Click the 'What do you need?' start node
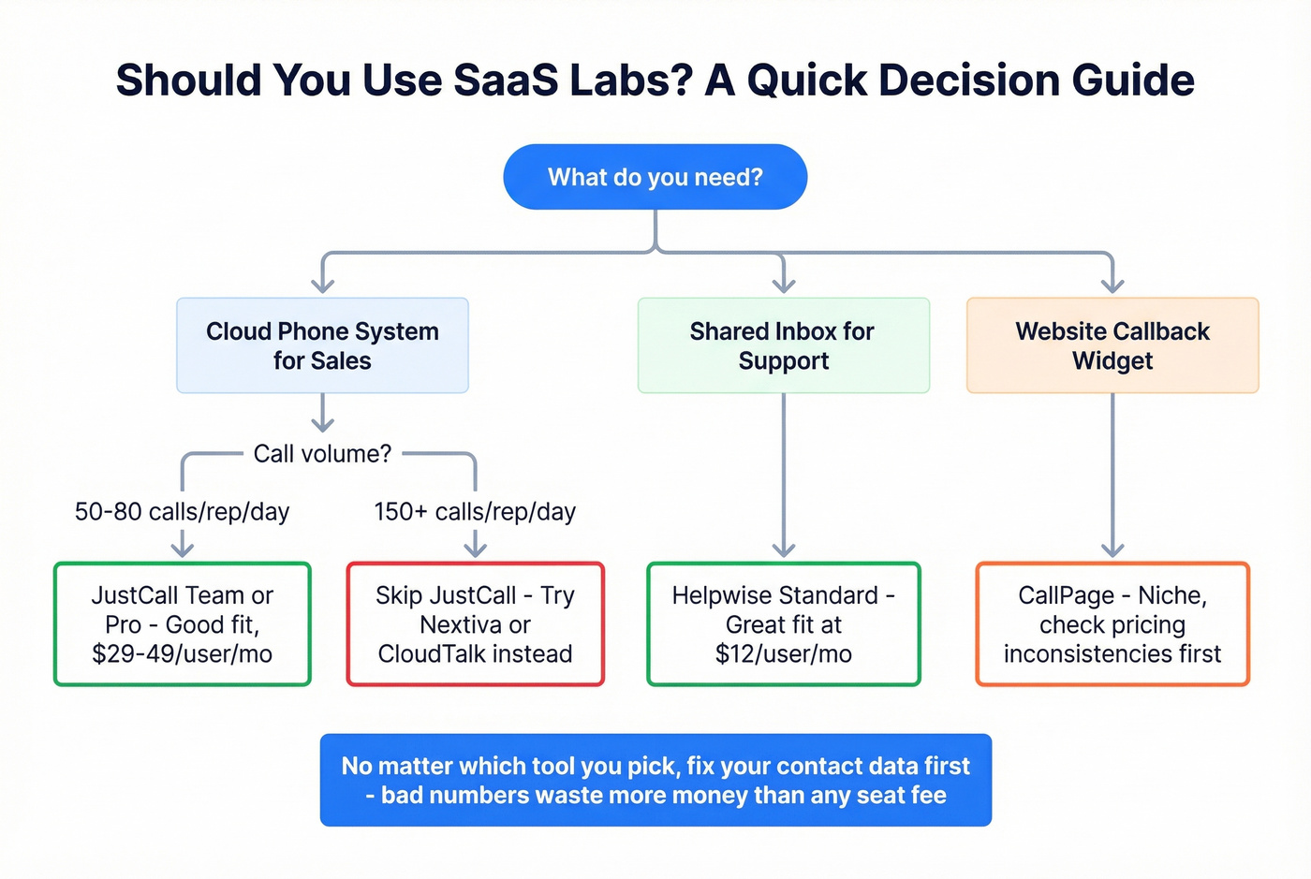click(655, 177)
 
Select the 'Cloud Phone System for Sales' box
click(322, 345)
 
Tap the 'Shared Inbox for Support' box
click(783, 345)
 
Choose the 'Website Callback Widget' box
click(1112, 345)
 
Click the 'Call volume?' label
click(322, 454)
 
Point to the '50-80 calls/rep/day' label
click(182, 512)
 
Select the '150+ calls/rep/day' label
click(475, 512)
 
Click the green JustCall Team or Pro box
click(182, 624)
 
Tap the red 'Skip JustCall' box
click(475, 624)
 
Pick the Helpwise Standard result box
click(783, 624)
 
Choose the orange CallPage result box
click(1112, 624)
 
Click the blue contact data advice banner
click(655, 780)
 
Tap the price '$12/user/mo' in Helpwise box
click(783, 654)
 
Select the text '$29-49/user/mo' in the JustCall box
click(182, 654)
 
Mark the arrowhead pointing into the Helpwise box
click(783, 549)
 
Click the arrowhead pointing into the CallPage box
click(1112, 549)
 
